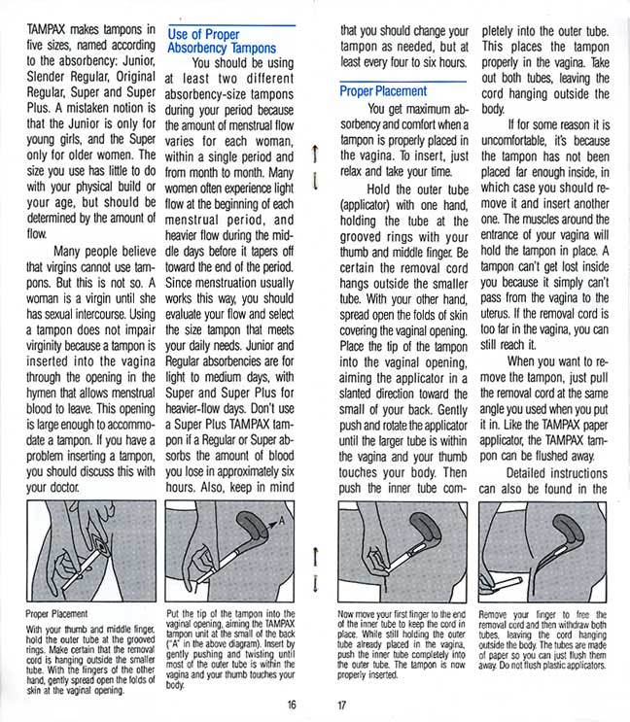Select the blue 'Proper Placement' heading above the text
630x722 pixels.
click(x=383, y=90)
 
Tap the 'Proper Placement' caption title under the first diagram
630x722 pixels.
click(x=57, y=615)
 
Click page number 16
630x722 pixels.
click(x=291, y=705)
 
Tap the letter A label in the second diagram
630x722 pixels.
click(x=283, y=522)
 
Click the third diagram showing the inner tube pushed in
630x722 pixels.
click(x=402, y=549)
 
